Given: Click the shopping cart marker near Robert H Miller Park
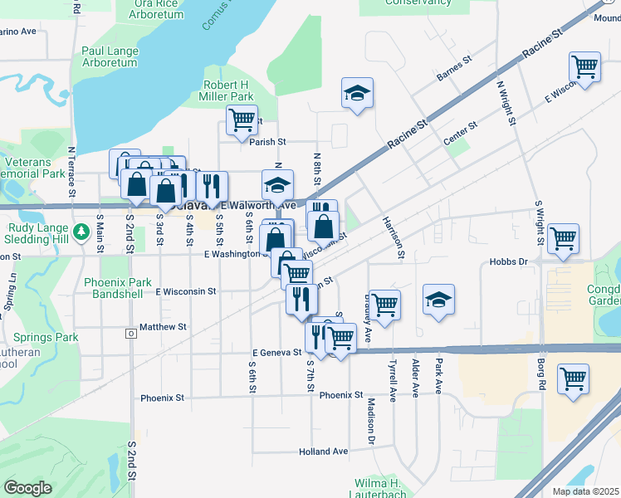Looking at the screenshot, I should [x=241, y=119].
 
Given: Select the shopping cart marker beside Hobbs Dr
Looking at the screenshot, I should [x=564, y=238].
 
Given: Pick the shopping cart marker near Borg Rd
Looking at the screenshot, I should [x=573, y=378].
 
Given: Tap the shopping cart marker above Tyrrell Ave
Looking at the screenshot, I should [x=384, y=305].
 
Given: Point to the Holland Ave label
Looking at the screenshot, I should [x=323, y=452].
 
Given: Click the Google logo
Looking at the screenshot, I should [x=27, y=487].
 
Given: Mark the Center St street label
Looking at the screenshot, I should [x=460, y=134].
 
